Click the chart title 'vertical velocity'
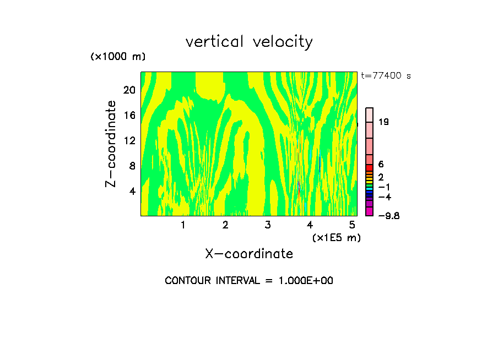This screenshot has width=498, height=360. pos(249,42)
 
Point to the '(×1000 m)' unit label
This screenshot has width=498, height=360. pos(117,57)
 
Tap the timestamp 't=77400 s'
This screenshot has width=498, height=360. pos(386,76)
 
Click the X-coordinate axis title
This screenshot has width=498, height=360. pos(249,254)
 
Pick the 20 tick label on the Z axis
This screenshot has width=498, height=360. pos(129,90)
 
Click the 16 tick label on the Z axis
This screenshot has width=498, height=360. pos(129,115)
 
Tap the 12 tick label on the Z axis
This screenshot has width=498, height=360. pos(129,140)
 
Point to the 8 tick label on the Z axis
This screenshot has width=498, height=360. pos(132,166)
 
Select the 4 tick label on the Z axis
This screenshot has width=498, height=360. pos(132,191)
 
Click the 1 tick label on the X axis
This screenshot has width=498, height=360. pos(183,225)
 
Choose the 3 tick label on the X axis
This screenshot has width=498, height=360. pos(268,225)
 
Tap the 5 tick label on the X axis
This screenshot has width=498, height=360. pos(352,225)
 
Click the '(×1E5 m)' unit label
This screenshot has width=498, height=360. pos(336,237)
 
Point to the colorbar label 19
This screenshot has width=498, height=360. pos(384,122)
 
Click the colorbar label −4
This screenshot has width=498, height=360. pos(385,197)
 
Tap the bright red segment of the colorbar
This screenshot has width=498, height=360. pos(370,167)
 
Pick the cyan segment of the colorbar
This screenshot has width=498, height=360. pos(370,188)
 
